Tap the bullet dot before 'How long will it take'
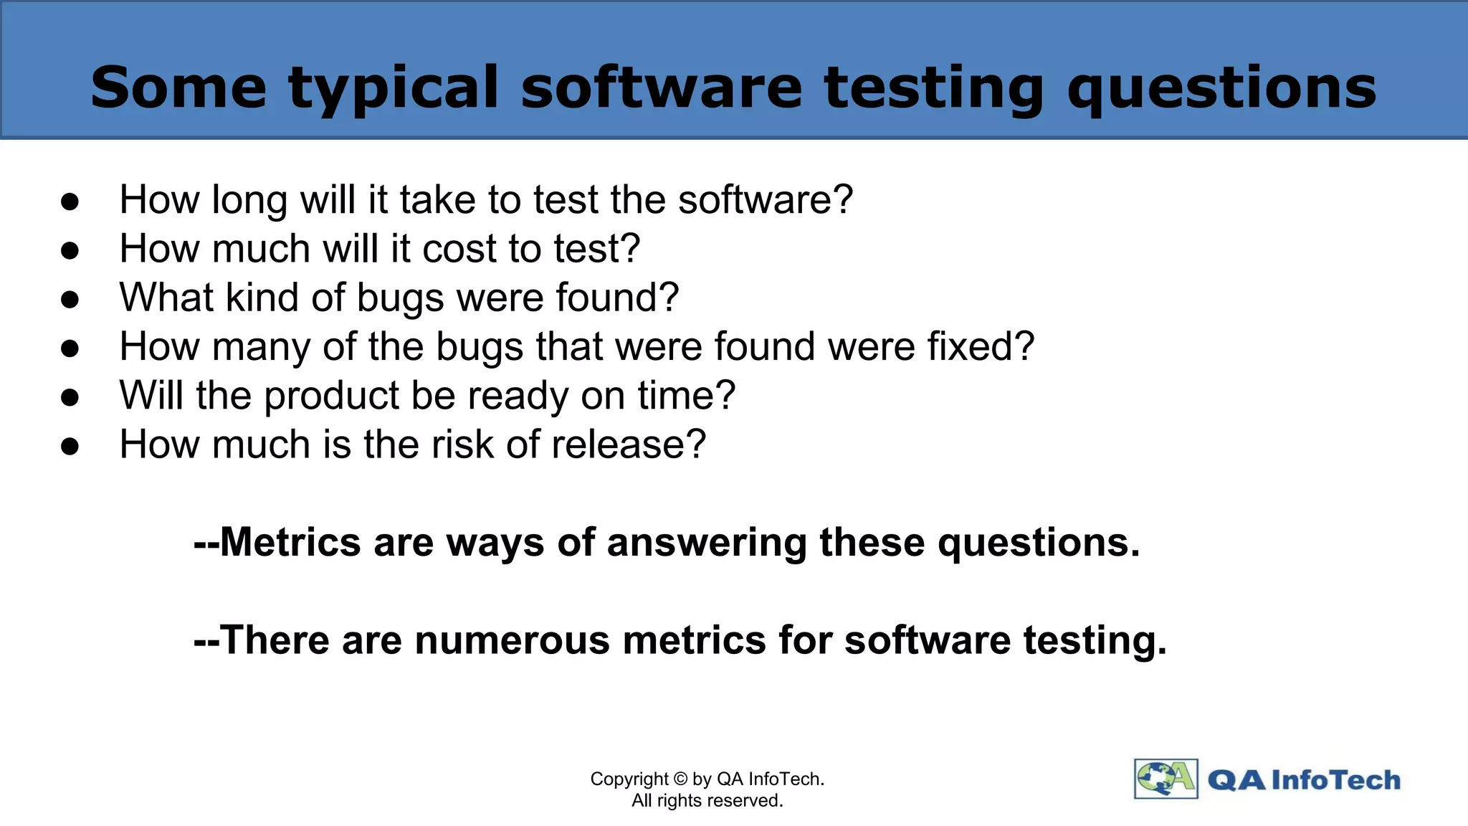pos(70,201)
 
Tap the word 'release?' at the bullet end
pos(629,445)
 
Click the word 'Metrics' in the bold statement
pos(290,542)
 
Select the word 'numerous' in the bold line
pos(512,640)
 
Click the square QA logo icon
pos(1166,779)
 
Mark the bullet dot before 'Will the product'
pos(70,397)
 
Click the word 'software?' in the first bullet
pos(766,200)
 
